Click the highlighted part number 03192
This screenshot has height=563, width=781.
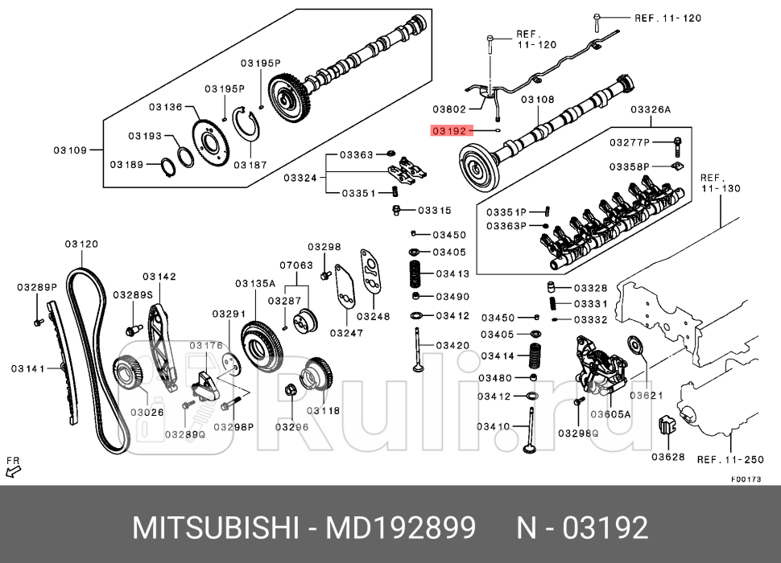pyautogui.click(x=449, y=129)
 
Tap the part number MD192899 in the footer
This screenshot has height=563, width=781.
pyautogui.click(x=399, y=528)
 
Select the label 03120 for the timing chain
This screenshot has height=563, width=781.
pyautogui.click(x=81, y=244)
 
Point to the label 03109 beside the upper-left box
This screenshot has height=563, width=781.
pyautogui.click(x=71, y=150)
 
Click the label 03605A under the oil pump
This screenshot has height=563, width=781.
pyautogui.click(x=610, y=415)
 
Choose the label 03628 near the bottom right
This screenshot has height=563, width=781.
pyautogui.click(x=667, y=457)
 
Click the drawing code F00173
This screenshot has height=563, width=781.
pyautogui.click(x=746, y=479)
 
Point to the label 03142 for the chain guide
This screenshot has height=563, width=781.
pyautogui.click(x=159, y=277)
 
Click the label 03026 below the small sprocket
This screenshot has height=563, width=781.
pyautogui.click(x=147, y=413)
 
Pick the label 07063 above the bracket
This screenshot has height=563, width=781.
pyautogui.click(x=296, y=265)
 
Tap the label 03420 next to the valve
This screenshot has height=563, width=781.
pyautogui.click(x=452, y=345)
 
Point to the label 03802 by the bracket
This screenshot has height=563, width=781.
pyautogui.click(x=449, y=109)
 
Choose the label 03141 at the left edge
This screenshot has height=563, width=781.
pyautogui.click(x=27, y=368)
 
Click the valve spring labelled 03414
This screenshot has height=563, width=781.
pyautogui.click(x=533, y=355)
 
